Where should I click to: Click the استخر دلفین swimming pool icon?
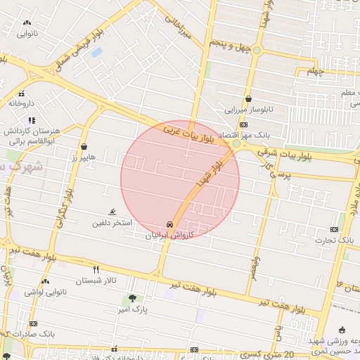tap(112, 212)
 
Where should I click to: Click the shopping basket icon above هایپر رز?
tap(84, 148)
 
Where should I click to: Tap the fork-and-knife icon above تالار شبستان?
tap(96, 269)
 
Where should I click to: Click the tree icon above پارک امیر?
tap(131, 298)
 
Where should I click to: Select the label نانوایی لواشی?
tap(44, 291)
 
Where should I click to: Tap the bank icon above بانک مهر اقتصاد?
tap(243, 124)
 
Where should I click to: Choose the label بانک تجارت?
tap(337, 240)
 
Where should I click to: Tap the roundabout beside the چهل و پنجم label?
tap(257, 50)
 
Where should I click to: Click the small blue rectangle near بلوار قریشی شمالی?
tap(96, 52)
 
